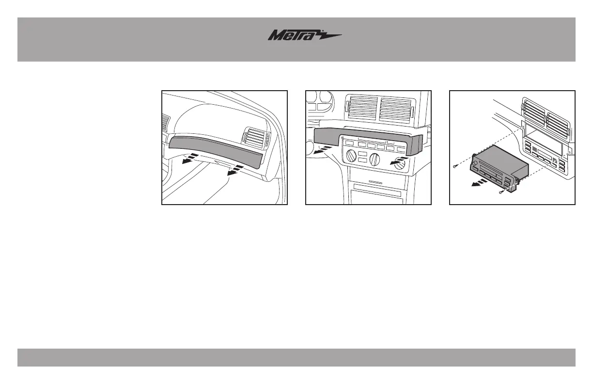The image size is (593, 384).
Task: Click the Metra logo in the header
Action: coord(305,36)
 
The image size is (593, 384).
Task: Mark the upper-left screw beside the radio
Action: coord(455,166)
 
